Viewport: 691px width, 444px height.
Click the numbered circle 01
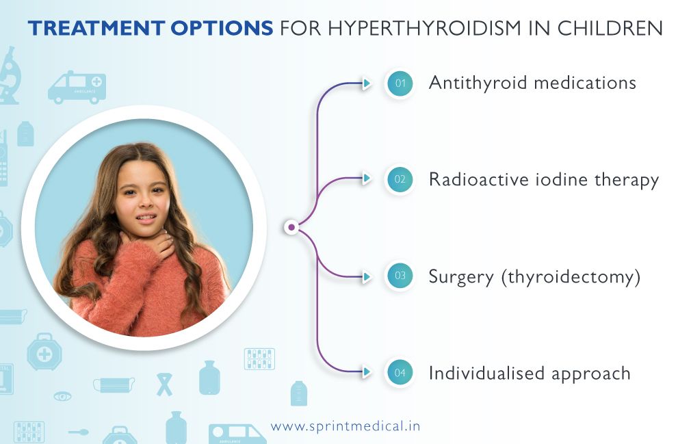pyautogui.click(x=400, y=84)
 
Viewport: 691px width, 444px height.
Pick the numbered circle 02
pyautogui.click(x=400, y=180)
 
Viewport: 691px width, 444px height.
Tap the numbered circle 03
pyautogui.click(x=400, y=277)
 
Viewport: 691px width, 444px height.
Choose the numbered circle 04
pyautogui.click(x=400, y=374)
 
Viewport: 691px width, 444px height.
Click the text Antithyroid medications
pyautogui.click(x=532, y=83)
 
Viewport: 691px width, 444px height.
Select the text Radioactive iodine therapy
pyautogui.click(x=543, y=180)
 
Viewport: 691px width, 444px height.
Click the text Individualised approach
pyautogui.click(x=529, y=374)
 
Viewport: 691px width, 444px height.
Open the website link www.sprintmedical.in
pyautogui.click(x=345, y=426)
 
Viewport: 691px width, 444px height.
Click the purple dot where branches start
pyautogui.click(x=291, y=227)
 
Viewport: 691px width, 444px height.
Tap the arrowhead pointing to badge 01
pyautogui.click(x=367, y=83)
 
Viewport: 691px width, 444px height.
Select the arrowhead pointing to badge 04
pyautogui.click(x=367, y=373)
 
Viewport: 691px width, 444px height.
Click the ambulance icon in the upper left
pyautogui.click(x=77, y=88)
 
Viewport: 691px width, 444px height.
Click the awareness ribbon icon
pyautogui.click(x=164, y=384)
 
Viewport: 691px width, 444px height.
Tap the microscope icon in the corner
pyautogui.click(x=10, y=75)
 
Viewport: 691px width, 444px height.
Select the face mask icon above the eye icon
pyautogui.click(x=113, y=384)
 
